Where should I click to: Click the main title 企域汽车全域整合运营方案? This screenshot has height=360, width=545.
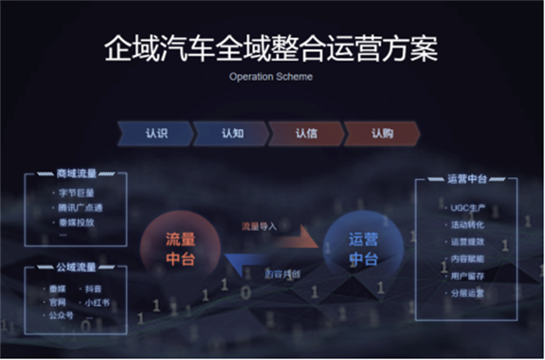(272, 48)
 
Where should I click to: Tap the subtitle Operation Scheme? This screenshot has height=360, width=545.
(272, 77)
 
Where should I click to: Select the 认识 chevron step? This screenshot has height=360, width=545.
(156, 133)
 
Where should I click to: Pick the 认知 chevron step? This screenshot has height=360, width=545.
(232, 133)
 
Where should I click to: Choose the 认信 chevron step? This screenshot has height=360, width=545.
(306, 133)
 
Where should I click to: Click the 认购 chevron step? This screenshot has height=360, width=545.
(381, 133)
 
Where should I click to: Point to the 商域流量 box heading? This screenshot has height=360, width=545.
(75, 174)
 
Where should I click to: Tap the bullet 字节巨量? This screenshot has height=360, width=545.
(76, 193)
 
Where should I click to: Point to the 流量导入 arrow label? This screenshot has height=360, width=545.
(259, 225)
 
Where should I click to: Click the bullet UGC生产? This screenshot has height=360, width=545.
(468, 209)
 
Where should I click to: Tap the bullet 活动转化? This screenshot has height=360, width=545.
(469, 225)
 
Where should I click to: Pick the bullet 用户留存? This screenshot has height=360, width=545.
(469, 275)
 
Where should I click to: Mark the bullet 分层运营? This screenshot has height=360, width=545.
(469, 293)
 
